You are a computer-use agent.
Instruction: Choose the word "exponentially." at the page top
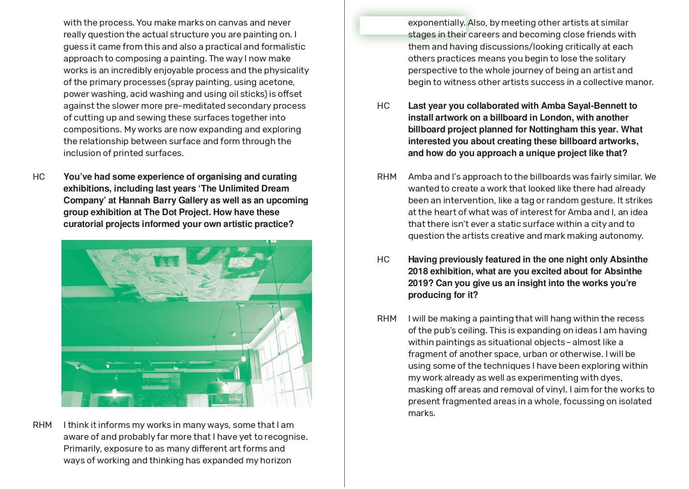pyautogui.click(x=436, y=23)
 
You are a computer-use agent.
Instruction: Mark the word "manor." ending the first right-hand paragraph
pyautogui.click(x=641, y=82)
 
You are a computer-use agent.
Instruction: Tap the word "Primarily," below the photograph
pyautogui.click(x=82, y=448)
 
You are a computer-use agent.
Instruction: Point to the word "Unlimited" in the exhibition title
pyautogui.click(x=238, y=188)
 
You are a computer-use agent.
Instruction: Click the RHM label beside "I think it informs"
pyautogui.click(x=42, y=425)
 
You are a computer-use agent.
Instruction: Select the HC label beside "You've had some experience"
pyautogui.click(x=39, y=177)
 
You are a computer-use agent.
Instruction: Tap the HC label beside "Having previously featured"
pyautogui.click(x=383, y=259)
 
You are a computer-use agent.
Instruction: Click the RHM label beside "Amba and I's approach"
pyautogui.click(x=386, y=177)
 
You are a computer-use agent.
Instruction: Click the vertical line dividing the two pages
pyautogui.click(x=344, y=244)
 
